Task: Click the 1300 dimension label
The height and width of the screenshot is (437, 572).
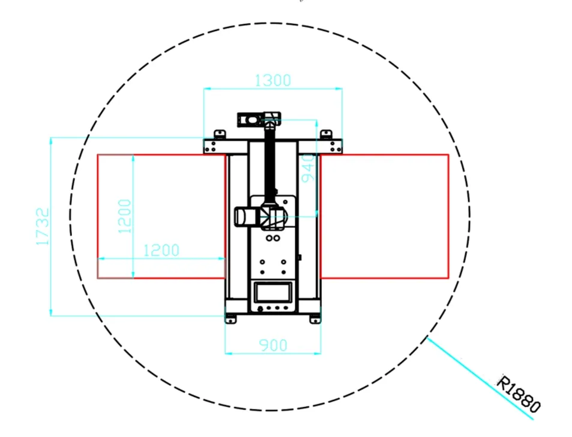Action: coord(272,80)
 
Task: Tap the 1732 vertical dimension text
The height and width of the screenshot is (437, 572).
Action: coord(43,227)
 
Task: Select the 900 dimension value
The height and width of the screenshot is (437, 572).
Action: coord(273,345)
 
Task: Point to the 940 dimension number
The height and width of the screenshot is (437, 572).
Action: coord(309,168)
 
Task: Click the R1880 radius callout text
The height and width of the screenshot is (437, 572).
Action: coord(519,394)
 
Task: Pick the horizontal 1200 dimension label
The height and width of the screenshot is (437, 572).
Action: coord(161,251)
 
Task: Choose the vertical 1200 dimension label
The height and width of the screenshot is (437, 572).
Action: coord(124,216)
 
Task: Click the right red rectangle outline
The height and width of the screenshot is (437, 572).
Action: coord(448,216)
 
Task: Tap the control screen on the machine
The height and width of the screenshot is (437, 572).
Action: coord(273,292)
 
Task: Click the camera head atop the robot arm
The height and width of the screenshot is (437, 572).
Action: coord(250,119)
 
